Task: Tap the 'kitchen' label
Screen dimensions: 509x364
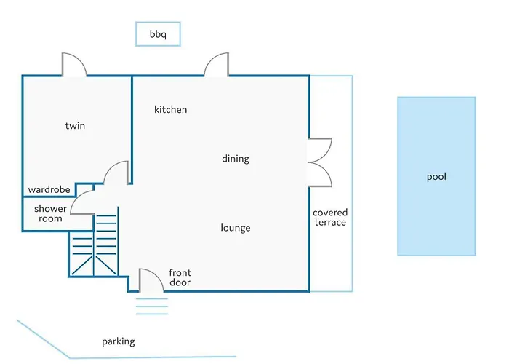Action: [x=170, y=109]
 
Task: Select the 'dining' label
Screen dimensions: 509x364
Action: [x=236, y=159]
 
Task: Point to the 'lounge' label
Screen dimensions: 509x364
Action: [x=236, y=228]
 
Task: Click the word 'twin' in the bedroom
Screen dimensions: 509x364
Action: [x=75, y=126]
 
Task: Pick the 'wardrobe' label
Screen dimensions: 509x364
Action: [x=49, y=189]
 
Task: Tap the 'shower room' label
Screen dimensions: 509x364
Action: [x=50, y=213]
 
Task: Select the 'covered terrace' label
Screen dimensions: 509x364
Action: [x=330, y=218]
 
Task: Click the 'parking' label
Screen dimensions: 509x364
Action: [x=118, y=341]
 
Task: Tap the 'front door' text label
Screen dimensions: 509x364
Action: [x=180, y=277]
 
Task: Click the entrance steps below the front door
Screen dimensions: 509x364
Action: [x=151, y=306]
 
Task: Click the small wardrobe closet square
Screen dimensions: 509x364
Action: [x=85, y=190]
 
